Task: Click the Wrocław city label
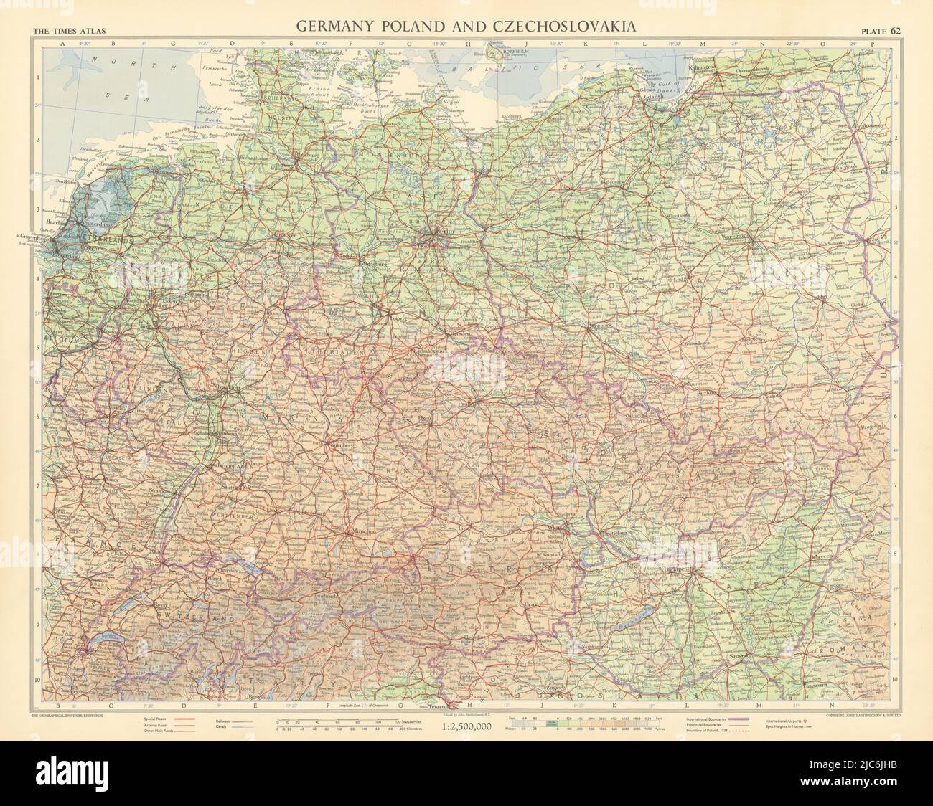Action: coord(598,326)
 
